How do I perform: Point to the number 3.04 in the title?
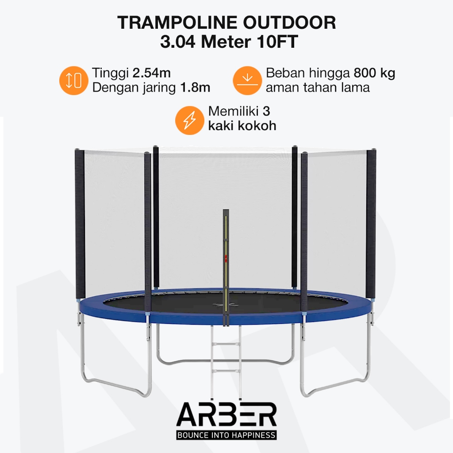coord(178,42)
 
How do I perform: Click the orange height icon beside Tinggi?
coord(74,81)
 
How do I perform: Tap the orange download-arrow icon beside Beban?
coord(247,81)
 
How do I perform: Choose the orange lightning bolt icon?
coord(189,120)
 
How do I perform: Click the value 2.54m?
coord(151,73)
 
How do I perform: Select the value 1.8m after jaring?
coord(195,88)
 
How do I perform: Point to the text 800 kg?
coord(374,73)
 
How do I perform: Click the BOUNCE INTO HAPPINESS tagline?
coord(226,435)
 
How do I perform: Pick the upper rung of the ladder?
coord(226,344)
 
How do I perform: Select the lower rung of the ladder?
coord(226,371)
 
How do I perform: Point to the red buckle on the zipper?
coord(226,258)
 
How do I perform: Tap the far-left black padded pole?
coord(80,224)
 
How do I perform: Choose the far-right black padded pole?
coord(371,224)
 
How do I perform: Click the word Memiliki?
coord(233,111)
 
